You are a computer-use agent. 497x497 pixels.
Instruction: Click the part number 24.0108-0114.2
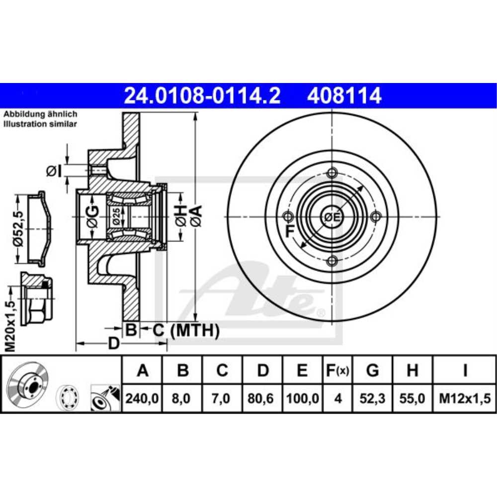coord(202,95)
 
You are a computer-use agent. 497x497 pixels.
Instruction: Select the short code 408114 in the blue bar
coord(344,95)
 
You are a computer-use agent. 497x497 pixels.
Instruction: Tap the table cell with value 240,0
coord(143,399)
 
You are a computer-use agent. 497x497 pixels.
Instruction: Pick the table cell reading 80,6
coord(263,399)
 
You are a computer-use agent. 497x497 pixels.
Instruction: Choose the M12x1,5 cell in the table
coord(464,399)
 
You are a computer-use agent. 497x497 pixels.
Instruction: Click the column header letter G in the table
coord(372,370)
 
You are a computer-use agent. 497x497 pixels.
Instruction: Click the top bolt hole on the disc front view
coord(332,173)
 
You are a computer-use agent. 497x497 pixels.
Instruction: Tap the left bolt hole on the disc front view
coord(288,217)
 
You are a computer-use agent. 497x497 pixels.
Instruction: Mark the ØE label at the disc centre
coord(331,217)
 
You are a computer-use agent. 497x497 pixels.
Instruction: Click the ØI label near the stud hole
coord(54,171)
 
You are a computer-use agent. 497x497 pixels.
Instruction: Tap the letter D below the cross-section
coord(114,343)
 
